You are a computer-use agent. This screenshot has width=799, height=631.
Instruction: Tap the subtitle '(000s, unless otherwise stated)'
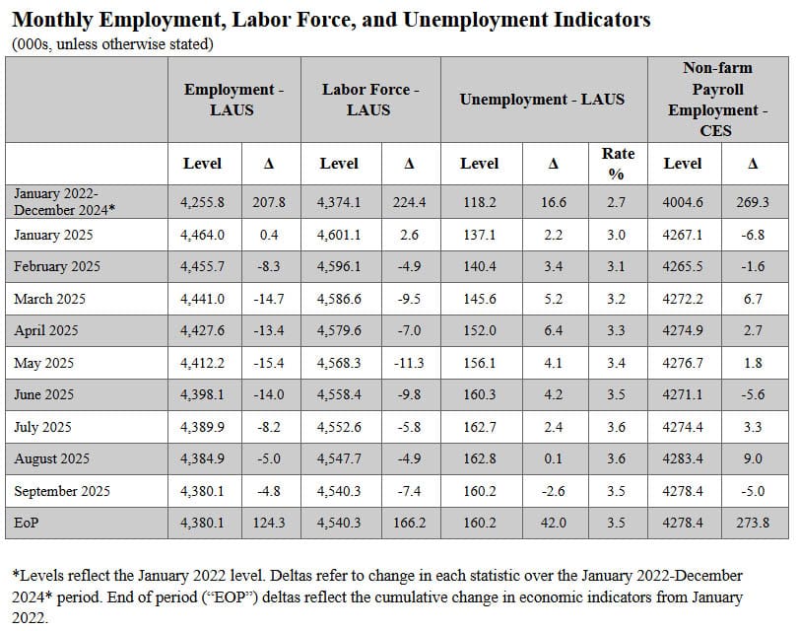pyautogui.click(x=112, y=44)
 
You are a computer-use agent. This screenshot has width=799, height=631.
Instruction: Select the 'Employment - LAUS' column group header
pyautogui.click(x=233, y=100)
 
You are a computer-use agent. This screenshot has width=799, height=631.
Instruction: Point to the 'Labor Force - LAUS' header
pyautogui.click(x=369, y=100)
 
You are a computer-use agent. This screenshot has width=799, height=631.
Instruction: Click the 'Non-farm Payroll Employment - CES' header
pyautogui.click(x=716, y=100)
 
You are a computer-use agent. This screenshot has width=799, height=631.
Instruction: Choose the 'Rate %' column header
pyautogui.click(x=619, y=164)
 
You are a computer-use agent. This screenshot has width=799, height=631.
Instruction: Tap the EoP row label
pyautogui.click(x=27, y=523)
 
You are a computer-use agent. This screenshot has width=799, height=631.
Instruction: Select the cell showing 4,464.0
pyautogui.click(x=202, y=235)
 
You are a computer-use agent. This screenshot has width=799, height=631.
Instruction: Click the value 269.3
pyautogui.click(x=753, y=202)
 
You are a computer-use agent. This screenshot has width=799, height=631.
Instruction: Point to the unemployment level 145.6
pyautogui.click(x=479, y=299)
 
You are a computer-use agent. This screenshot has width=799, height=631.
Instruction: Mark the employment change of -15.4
pyautogui.click(x=268, y=364)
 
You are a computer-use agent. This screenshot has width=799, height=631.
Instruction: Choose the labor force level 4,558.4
pyautogui.click(x=339, y=395)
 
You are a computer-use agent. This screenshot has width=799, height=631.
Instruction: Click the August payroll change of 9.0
pyautogui.click(x=753, y=459)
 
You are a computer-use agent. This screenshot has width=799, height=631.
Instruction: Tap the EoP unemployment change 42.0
pyautogui.click(x=553, y=523)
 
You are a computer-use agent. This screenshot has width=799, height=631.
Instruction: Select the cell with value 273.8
pyautogui.click(x=753, y=523)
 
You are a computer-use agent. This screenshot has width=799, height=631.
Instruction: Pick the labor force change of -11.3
pyautogui.click(x=409, y=364)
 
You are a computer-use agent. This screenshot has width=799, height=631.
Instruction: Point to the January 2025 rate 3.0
pyautogui.click(x=616, y=235)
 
